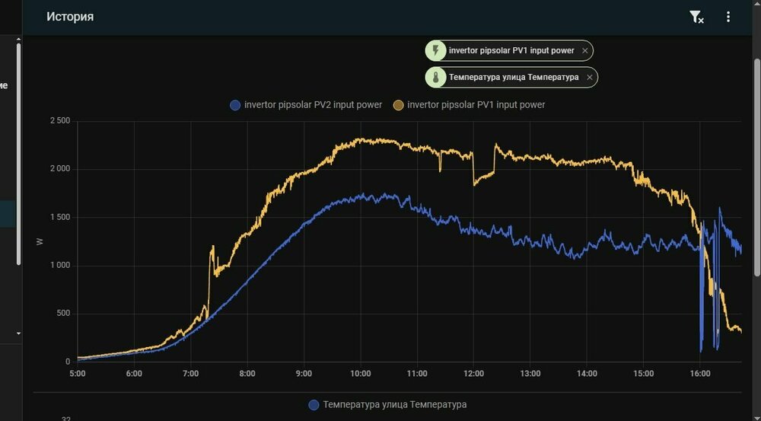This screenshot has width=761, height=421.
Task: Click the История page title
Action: click(70, 17)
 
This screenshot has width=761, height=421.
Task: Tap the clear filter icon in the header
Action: click(696, 17)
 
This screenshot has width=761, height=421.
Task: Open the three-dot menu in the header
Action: click(728, 17)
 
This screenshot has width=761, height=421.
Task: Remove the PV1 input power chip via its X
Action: click(584, 51)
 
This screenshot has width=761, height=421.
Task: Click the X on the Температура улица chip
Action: click(589, 77)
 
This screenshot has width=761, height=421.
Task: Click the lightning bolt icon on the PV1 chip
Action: click(435, 51)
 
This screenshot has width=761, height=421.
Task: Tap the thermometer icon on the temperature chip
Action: click(435, 77)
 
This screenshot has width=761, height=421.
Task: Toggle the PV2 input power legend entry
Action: click(306, 104)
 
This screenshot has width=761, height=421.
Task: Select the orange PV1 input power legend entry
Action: click(469, 104)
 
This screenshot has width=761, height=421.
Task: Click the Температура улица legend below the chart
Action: click(387, 404)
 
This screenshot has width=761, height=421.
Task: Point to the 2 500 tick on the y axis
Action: click(59, 121)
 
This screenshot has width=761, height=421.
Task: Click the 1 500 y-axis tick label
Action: click(59, 217)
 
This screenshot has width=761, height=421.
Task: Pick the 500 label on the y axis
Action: click(63, 314)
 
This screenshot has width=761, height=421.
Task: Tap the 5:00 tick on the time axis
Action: click(77, 374)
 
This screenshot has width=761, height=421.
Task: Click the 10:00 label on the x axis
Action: click(361, 374)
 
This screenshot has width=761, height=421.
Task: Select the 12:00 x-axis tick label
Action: click(473, 374)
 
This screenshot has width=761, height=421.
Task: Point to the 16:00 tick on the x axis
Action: click(700, 374)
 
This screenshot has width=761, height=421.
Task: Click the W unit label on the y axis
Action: click(40, 241)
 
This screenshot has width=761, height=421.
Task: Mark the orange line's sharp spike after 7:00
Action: click(212, 247)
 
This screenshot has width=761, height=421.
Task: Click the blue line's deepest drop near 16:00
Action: click(701, 350)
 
